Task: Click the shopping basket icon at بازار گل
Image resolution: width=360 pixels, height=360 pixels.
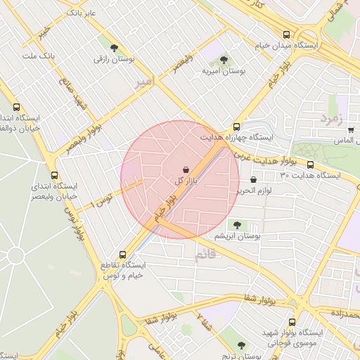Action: click(186, 169)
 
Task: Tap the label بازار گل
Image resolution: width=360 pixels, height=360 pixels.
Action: click(184, 181)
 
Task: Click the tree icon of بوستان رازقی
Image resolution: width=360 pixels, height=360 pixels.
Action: click(112, 49)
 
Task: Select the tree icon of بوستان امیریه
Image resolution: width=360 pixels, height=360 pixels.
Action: click(224, 60)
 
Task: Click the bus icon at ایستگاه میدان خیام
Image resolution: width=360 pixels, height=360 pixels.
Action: click(286, 34)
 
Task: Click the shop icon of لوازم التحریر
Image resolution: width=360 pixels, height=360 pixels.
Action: click(253, 180)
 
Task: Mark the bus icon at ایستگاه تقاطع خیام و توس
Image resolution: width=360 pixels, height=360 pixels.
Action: click(123, 255)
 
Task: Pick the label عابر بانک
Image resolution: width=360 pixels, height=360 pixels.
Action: click(80, 13)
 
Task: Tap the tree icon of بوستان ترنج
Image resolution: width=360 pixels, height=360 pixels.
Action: click(242, 345)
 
